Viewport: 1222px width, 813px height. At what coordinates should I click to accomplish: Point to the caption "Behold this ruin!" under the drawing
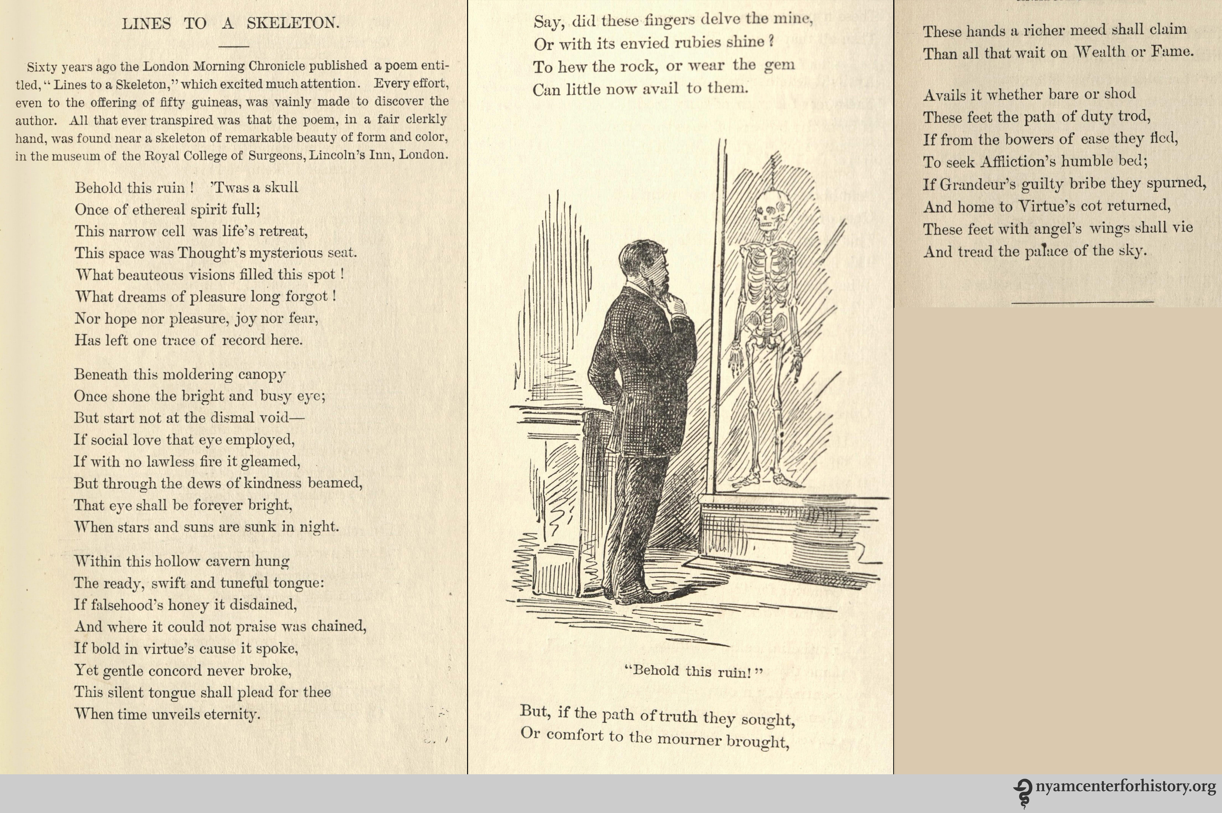pyautogui.click(x=694, y=672)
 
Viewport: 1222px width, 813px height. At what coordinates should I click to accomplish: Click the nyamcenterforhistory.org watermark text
pyautogui.click(x=1125, y=787)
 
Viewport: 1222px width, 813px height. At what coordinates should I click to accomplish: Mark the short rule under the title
pyautogui.click(x=234, y=46)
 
